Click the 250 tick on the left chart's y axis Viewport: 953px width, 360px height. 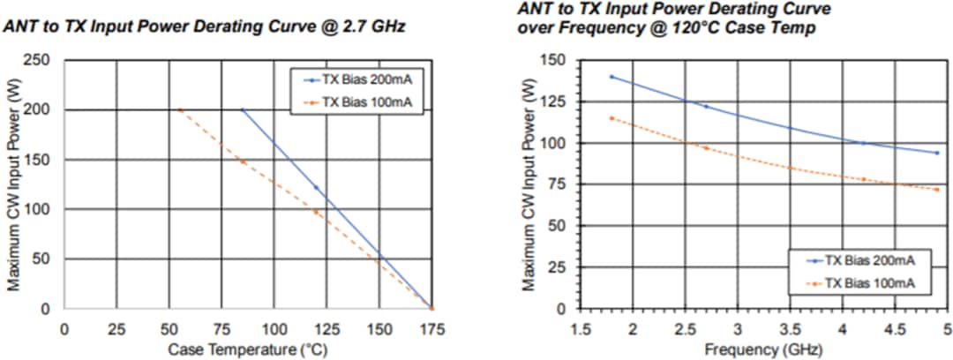(41, 61)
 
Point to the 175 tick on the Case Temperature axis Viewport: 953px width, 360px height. (431, 328)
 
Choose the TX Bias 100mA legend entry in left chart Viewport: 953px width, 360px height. (357, 101)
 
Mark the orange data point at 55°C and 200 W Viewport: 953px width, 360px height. (180, 110)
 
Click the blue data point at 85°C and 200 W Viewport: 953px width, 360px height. (243, 110)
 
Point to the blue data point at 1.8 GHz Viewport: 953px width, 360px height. (611, 77)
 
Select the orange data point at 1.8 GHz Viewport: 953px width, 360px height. (611, 118)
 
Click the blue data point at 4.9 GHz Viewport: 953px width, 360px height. (936, 153)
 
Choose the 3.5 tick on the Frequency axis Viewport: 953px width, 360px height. (789, 328)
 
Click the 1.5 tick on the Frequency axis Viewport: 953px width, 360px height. (580, 328)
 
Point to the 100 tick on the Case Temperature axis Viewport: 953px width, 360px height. (274, 328)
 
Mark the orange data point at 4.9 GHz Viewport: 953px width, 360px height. (936, 190)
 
